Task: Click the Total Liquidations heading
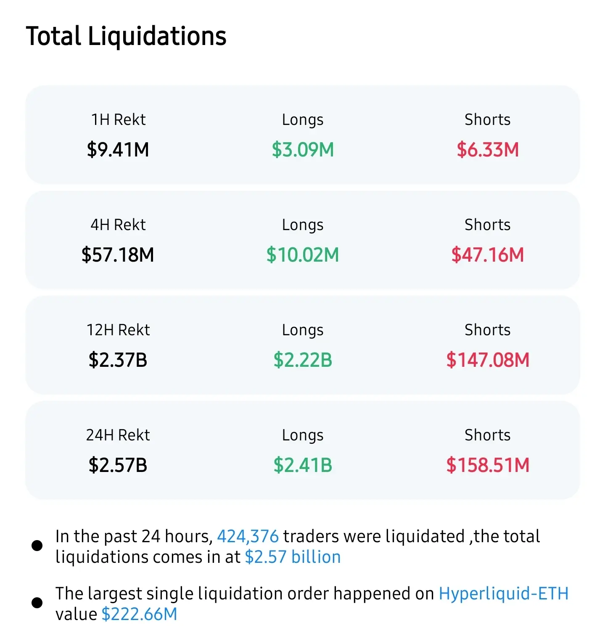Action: [126, 36]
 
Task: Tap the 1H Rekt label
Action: [118, 120]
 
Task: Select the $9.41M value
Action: [118, 150]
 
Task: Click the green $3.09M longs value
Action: [303, 150]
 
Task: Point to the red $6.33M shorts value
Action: [488, 150]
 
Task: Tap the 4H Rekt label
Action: [118, 225]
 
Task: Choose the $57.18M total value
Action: [118, 255]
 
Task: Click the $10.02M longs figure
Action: [303, 255]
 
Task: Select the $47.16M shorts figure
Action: [488, 255]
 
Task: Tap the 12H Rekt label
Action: [118, 330]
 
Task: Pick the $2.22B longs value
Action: [303, 360]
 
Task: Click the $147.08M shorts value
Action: [488, 360]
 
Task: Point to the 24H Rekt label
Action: [118, 435]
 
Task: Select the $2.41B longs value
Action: [303, 465]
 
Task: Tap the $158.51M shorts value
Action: [488, 465]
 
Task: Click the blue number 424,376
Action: [248, 537]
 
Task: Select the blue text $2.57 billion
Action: [293, 557]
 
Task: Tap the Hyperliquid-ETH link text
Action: [503, 594]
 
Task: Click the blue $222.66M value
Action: [140, 615]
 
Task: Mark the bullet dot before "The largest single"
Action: [37, 603]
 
